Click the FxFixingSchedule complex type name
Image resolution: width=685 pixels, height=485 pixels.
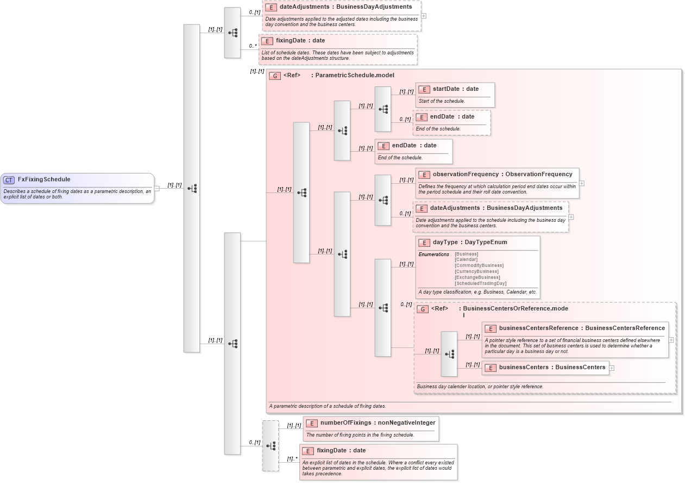44,179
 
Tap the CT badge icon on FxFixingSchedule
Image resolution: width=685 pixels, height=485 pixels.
9,180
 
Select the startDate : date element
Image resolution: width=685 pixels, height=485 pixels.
455,89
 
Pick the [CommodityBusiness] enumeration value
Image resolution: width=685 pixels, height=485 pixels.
479,265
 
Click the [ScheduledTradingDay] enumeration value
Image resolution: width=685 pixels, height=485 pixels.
480,283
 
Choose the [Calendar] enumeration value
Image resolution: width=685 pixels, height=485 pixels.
467,259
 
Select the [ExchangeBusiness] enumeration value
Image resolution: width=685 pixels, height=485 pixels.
477,277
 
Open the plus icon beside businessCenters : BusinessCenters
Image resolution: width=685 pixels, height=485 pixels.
612,368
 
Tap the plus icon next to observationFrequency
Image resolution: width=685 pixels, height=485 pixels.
582,183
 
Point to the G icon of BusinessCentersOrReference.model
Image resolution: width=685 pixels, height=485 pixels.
423,309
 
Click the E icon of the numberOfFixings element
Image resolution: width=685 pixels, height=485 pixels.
311,423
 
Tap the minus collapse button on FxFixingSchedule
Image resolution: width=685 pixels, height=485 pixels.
156,189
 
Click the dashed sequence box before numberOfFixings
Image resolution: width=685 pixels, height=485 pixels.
270,445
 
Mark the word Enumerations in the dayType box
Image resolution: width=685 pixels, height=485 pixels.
433,254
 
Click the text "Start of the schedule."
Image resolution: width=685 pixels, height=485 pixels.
442,101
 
